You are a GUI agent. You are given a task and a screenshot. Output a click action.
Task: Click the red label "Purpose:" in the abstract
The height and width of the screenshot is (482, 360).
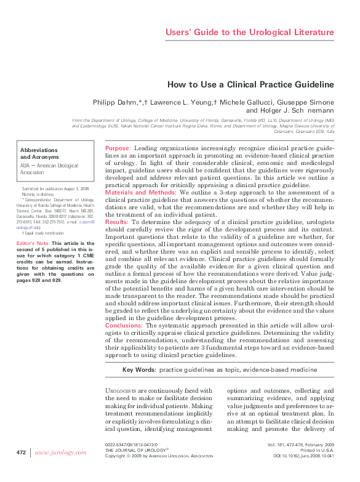118,148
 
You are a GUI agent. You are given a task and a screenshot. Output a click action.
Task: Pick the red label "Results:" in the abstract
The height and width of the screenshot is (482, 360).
117,222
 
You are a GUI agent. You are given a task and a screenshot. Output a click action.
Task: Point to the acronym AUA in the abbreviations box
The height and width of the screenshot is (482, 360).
26,166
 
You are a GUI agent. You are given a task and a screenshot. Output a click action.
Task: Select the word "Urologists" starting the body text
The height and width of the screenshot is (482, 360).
121,391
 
